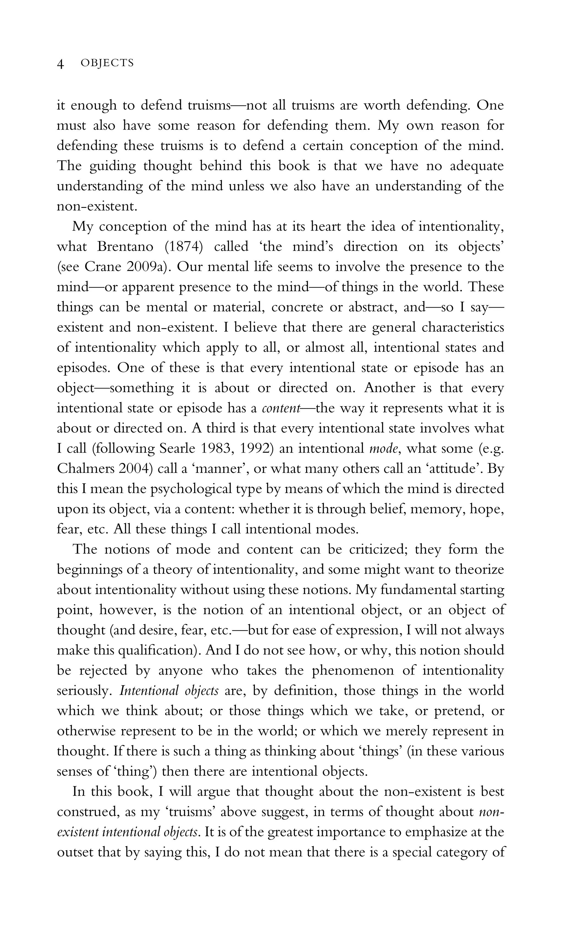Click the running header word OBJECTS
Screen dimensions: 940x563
point(107,63)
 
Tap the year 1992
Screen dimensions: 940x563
point(257,449)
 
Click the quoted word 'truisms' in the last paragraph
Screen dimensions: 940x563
point(190,812)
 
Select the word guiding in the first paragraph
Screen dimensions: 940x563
point(113,166)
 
